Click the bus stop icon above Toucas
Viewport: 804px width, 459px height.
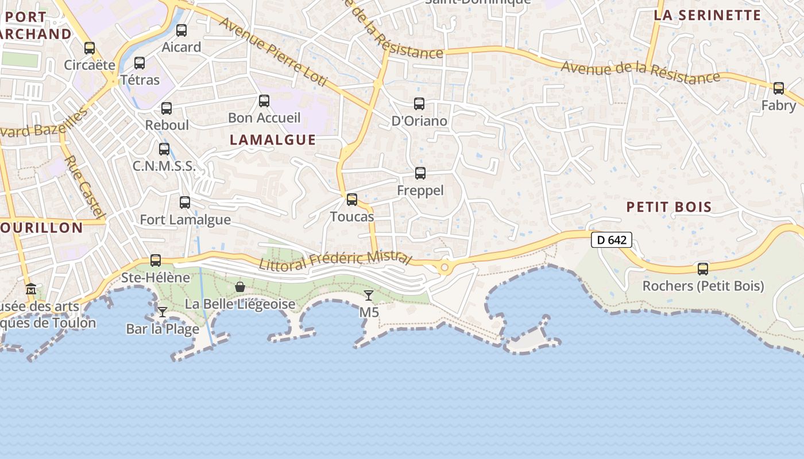[x=352, y=200]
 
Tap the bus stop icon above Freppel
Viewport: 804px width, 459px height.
[x=420, y=173]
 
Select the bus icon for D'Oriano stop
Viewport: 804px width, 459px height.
[x=419, y=104]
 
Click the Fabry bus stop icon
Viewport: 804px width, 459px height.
[x=779, y=88]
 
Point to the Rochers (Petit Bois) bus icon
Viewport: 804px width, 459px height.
[x=703, y=269]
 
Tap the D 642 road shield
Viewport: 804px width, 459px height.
[x=612, y=240]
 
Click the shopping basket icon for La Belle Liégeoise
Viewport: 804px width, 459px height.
[x=240, y=286]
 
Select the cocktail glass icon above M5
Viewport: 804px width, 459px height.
[x=369, y=295]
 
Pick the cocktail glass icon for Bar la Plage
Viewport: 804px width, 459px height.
[x=163, y=312]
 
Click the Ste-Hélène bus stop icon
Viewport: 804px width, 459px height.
[x=156, y=260]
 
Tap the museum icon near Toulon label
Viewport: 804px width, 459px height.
[x=32, y=289]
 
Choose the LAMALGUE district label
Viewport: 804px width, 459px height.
[x=273, y=139]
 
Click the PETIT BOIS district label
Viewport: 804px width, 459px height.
[x=669, y=207]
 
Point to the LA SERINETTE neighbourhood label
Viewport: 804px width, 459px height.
[x=708, y=15]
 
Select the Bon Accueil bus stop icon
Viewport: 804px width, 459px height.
[x=264, y=101]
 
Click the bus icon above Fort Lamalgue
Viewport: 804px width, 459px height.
[x=185, y=203]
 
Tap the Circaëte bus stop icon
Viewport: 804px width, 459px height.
[x=90, y=48]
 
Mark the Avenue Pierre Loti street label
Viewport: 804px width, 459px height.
[x=273, y=52]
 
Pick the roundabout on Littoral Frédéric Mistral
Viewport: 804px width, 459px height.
[x=444, y=267]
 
